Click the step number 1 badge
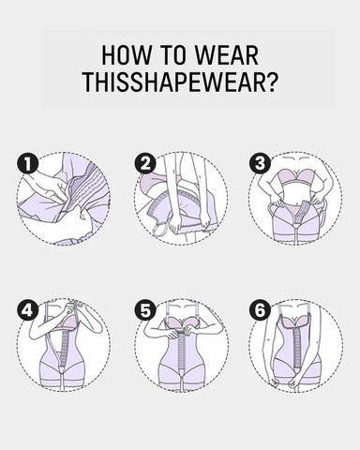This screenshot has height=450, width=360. coord(28,164)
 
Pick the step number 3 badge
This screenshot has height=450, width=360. coord(260,164)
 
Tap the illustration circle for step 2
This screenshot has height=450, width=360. coord(180,199)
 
